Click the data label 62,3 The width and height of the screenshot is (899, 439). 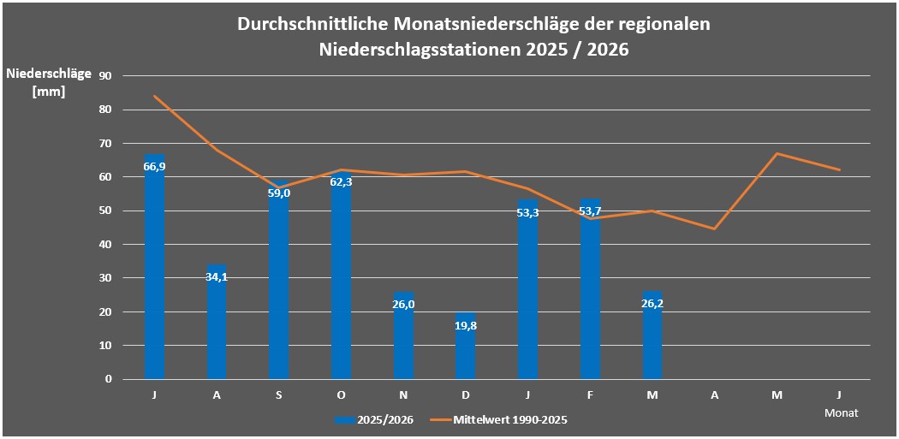coord(341,181)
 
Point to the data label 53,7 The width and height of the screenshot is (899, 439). coord(590,211)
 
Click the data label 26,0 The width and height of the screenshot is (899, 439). coord(403,304)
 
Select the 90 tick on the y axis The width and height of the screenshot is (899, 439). coord(107,75)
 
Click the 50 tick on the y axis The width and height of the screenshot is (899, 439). coord(107,211)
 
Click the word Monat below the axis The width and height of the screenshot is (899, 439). coord(842,412)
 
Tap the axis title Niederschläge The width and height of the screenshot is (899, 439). coord(49,74)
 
